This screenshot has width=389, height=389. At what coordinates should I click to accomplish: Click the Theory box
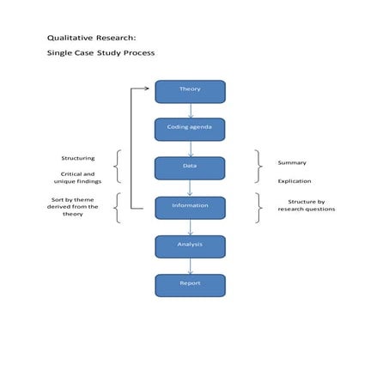click(x=190, y=91)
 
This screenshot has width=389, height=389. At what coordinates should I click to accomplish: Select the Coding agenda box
click(x=190, y=129)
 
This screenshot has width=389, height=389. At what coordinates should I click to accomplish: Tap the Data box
click(x=190, y=167)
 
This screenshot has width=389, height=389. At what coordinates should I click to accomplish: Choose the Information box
click(x=190, y=207)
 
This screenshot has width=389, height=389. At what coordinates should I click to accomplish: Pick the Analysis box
click(x=190, y=246)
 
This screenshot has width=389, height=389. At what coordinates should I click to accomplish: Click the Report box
click(x=190, y=285)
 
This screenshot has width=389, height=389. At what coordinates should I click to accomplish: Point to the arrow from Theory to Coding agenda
click(x=191, y=110)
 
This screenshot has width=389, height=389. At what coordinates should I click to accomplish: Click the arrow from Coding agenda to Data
click(x=191, y=149)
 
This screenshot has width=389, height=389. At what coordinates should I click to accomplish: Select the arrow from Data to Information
click(x=191, y=188)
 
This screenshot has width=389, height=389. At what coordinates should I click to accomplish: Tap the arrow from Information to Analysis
click(x=191, y=227)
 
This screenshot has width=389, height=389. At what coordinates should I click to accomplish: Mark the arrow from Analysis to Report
click(x=191, y=265)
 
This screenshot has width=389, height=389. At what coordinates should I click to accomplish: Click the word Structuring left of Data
click(x=78, y=158)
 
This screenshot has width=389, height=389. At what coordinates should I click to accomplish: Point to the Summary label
click(x=292, y=162)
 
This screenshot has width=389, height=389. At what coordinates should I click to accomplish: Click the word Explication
click(x=295, y=181)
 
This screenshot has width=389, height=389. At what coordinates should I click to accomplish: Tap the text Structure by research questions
click(x=306, y=205)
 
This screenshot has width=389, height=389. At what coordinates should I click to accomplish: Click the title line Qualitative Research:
click(x=91, y=38)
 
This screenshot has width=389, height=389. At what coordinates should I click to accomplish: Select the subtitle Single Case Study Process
click(x=100, y=53)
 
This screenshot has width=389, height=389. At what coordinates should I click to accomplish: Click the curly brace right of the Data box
click(x=258, y=167)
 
